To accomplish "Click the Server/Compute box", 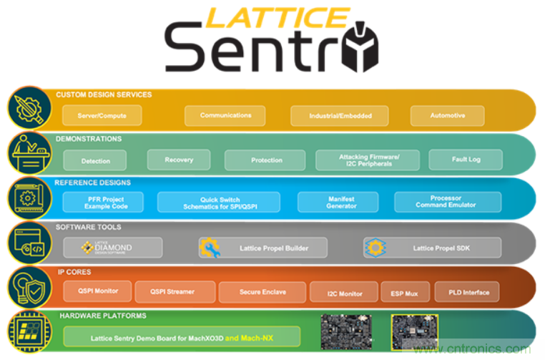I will point(102,115).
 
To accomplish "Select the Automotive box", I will point(447,115).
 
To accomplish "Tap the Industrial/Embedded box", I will point(340,116).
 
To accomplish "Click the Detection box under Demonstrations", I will point(96,160).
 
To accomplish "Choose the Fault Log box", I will point(466,160).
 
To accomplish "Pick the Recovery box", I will point(179,160).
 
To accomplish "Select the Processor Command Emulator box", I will point(447,202).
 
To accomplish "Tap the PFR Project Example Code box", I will point(103,203).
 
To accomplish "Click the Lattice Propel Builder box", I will point(263,248).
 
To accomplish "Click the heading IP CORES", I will point(74,272).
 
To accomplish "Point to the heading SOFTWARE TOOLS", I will point(87,227).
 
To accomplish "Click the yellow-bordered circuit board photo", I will point(414,331).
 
